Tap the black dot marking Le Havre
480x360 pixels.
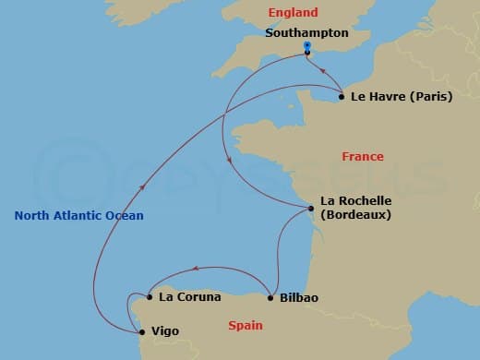tap(342, 96)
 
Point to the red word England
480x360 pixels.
tap(293, 13)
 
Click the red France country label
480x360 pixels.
tap(363, 157)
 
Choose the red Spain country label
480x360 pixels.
tap(245, 325)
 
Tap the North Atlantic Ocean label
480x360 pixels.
tap(79, 216)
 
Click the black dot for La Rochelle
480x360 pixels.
tap(312, 209)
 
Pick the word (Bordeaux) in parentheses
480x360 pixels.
tap(356, 215)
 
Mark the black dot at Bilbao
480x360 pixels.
tap(270, 297)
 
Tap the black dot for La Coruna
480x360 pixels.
tap(150, 297)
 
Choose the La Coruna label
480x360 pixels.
tap(189, 297)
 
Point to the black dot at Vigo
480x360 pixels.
tap(141, 331)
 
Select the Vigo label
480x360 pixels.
tap(164, 331)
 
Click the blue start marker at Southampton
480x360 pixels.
tap(306, 46)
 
